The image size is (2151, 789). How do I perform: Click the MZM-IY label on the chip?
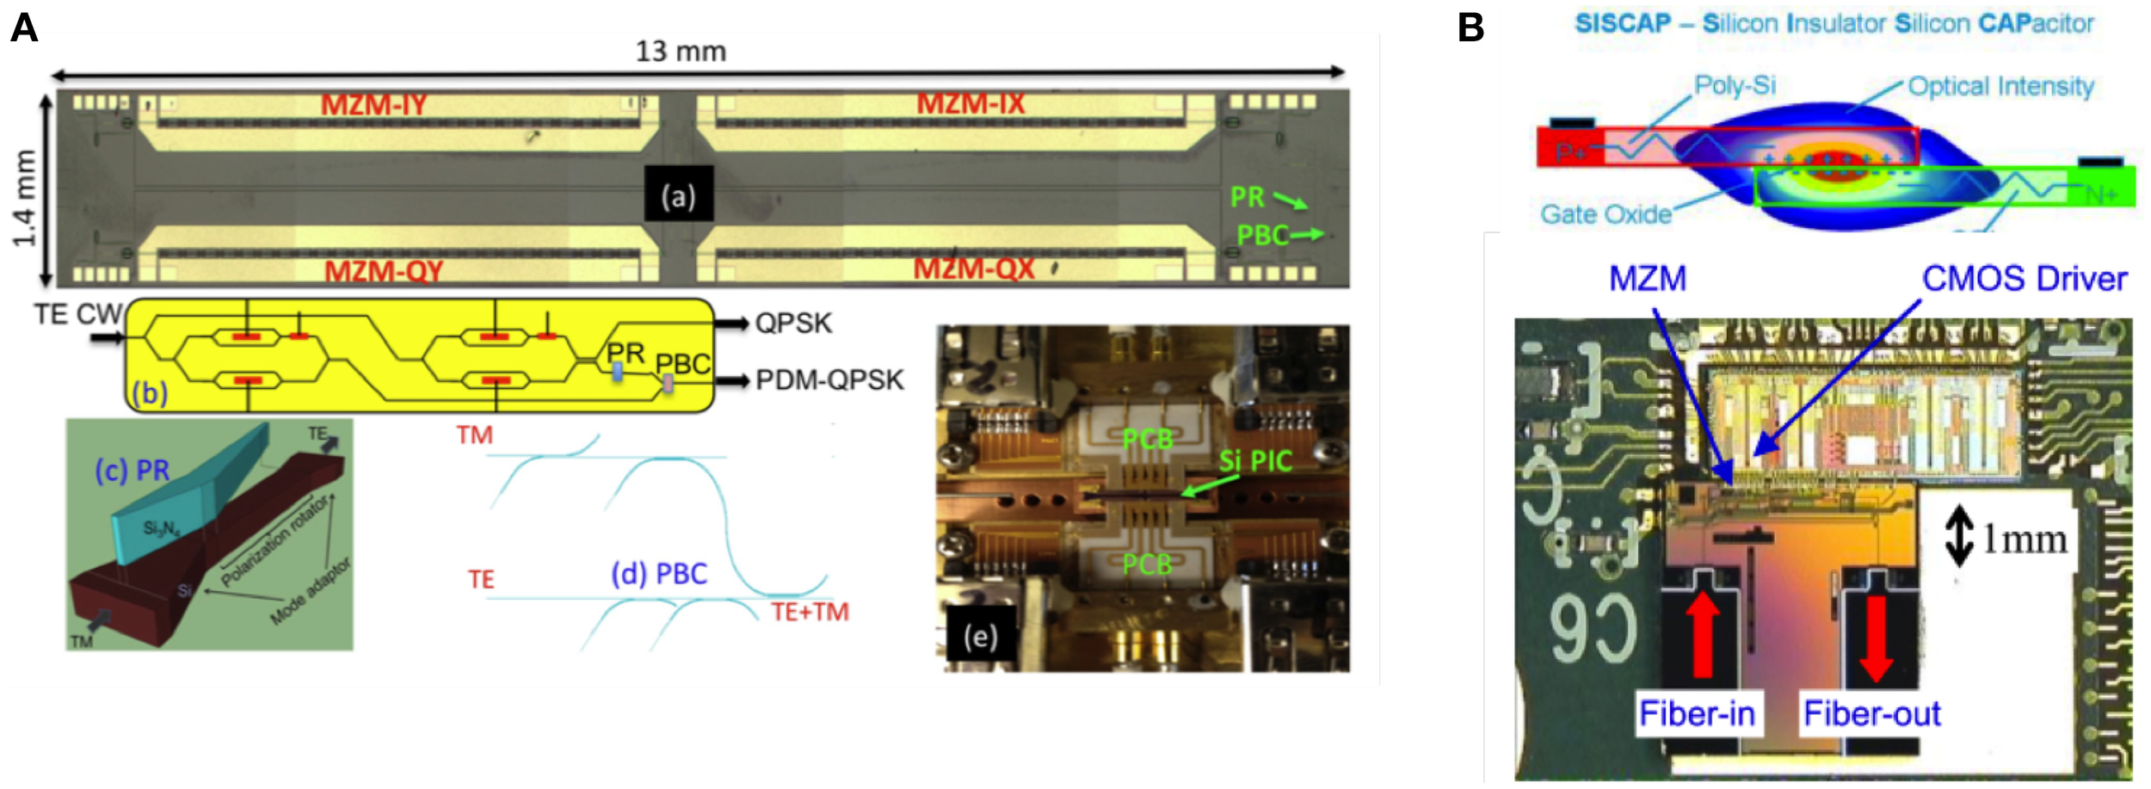coord(373,105)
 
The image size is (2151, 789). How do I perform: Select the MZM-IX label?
coord(970,104)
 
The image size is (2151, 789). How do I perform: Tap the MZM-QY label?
coord(384,272)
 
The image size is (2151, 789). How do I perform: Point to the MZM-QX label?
coord(973,269)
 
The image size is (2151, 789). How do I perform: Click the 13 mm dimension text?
coord(681,52)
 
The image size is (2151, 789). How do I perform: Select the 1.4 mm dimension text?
coord(24,198)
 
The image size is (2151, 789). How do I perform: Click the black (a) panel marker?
coord(679,197)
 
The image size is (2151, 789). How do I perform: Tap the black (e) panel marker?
coord(980,638)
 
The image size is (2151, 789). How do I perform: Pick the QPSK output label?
coord(793,324)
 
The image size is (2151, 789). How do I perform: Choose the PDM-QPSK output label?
coord(829,380)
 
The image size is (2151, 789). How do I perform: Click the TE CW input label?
coord(77,315)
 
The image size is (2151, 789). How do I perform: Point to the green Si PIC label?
coord(1255,462)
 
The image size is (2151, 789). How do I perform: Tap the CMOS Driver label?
coord(2024,280)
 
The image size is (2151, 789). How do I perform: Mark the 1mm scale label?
coord(2024,539)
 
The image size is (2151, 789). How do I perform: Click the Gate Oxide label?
coord(1606,214)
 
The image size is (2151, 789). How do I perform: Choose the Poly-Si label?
coord(1735,85)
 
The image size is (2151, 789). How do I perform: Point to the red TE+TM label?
coord(810,613)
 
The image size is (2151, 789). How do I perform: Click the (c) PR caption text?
coord(133,471)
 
